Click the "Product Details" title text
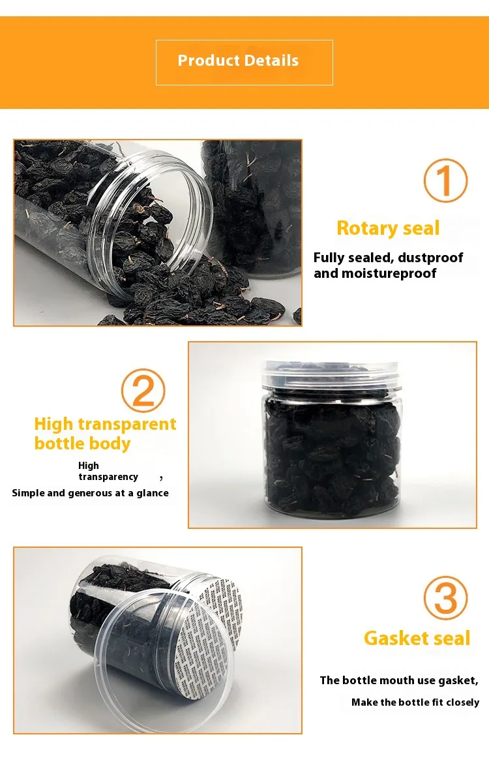pyautogui.click(x=238, y=60)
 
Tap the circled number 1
pyautogui.click(x=445, y=180)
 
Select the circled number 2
pyautogui.click(x=143, y=390)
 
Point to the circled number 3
pyautogui.click(x=445, y=597)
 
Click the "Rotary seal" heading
pyautogui.click(x=389, y=228)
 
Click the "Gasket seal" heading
pyautogui.click(x=417, y=638)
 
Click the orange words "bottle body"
pyautogui.click(x=83, y=444)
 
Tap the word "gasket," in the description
pyautogui.click(x=458, y=680)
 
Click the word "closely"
pyautogui.click(x=463, y=702)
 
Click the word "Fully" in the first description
pyautogui.click(x=329, y=257)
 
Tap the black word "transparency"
pyautogui.click(x=108, y=477)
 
